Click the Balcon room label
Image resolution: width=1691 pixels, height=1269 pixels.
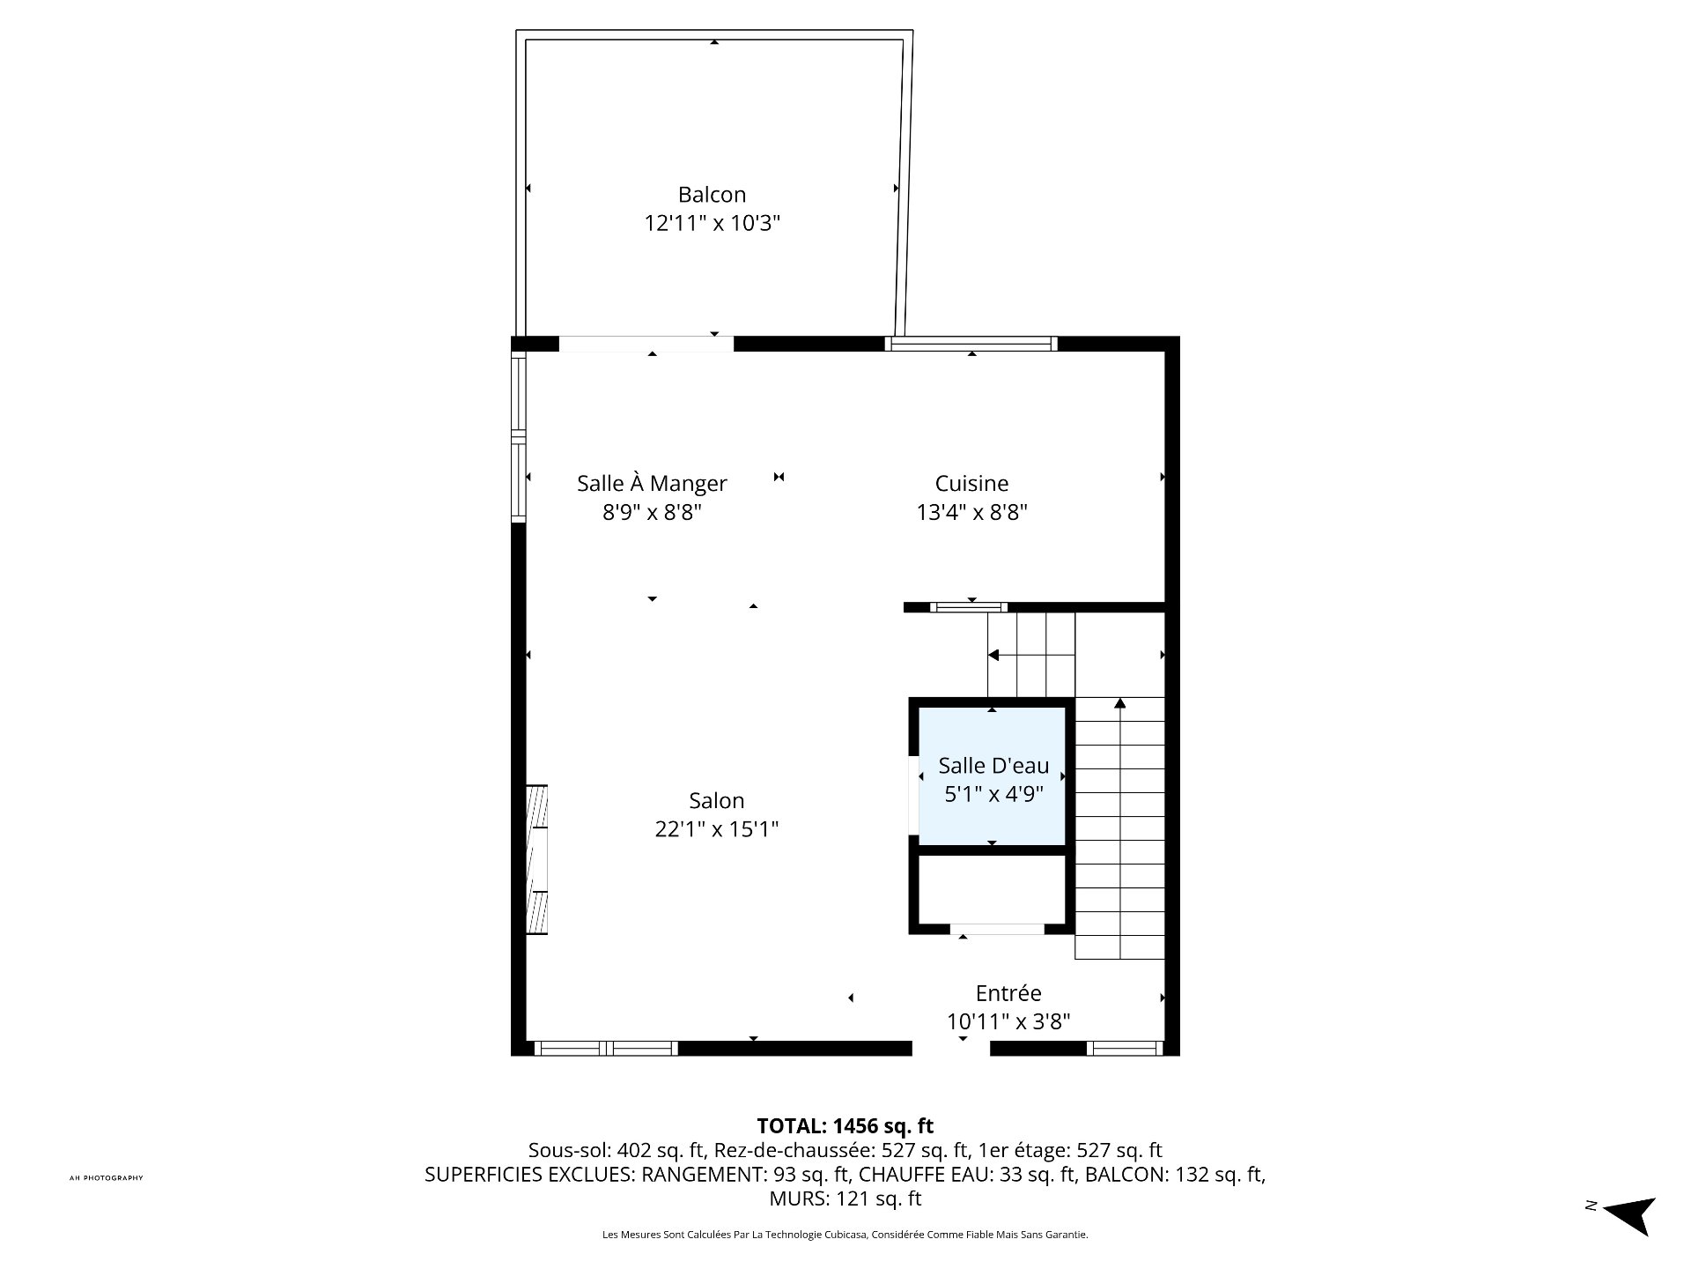(x=712, y=195)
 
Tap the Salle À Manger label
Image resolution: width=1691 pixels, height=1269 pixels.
(x=652, y=483)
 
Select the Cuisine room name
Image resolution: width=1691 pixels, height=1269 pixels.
(x=971, y=483)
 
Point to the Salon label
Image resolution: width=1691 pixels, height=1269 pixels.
(x=717, y=800)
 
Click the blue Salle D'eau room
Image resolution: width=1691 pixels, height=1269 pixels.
(x=992, y=776)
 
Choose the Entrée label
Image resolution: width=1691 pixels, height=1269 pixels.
(x=1008, y=993)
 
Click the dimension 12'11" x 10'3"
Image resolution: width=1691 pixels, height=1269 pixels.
(x=713, y=224)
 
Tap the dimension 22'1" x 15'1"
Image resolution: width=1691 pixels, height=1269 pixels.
(x=717, y=829)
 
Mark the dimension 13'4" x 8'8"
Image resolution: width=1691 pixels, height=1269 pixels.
(x=972, y=512)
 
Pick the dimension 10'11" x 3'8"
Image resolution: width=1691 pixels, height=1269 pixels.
(x=1008, y=1022)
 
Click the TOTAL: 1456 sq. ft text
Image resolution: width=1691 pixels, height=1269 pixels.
(x=845, y=1125)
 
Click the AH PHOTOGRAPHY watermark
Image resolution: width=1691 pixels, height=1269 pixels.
(x=106, y=1178)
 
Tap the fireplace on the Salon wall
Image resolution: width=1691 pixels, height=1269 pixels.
(x=536, y=859)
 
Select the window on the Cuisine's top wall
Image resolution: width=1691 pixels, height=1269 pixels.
(x=971, y=344)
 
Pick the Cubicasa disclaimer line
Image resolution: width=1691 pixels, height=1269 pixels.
(x=845, y=1235)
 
